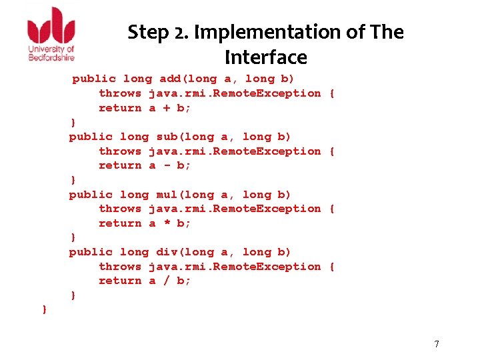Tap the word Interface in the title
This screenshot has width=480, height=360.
(x=265, y=57)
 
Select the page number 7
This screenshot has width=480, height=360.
(x=437, y=344)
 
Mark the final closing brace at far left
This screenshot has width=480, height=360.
(x=44, y=309)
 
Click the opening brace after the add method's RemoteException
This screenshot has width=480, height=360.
(x=332, y=93)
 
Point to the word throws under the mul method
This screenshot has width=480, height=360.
(x=120, y=209)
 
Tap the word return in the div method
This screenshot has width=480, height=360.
(x=120, y=281)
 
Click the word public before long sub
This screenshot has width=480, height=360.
(x=91, y=137)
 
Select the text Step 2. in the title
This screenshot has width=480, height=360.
(x=150, y=31)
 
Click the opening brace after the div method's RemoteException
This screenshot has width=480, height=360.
(x=332, y=267)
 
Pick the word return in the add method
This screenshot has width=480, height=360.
(x=120, y=108)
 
